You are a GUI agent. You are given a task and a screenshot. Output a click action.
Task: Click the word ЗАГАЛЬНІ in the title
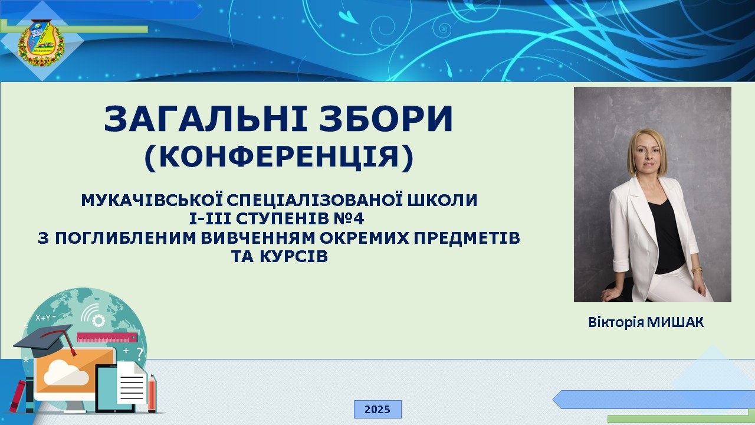point(206,119)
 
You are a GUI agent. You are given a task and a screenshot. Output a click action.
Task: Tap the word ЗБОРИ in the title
point(386,119)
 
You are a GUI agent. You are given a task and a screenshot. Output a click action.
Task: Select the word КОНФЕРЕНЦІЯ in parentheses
point(279,157)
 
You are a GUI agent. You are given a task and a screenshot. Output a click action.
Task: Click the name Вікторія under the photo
point(616,322)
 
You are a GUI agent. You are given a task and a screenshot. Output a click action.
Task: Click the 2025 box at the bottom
point(377,409)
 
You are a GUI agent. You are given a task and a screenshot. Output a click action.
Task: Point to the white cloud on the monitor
point(66,372)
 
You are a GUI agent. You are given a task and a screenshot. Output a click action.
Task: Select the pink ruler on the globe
point(107,338)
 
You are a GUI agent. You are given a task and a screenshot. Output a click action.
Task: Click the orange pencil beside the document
point(152,393)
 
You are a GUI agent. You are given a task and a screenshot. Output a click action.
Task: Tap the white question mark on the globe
point(140,354)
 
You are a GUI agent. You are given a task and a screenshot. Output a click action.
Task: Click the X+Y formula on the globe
point(43,318)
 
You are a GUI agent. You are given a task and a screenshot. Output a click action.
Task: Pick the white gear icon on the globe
point(99,321)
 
